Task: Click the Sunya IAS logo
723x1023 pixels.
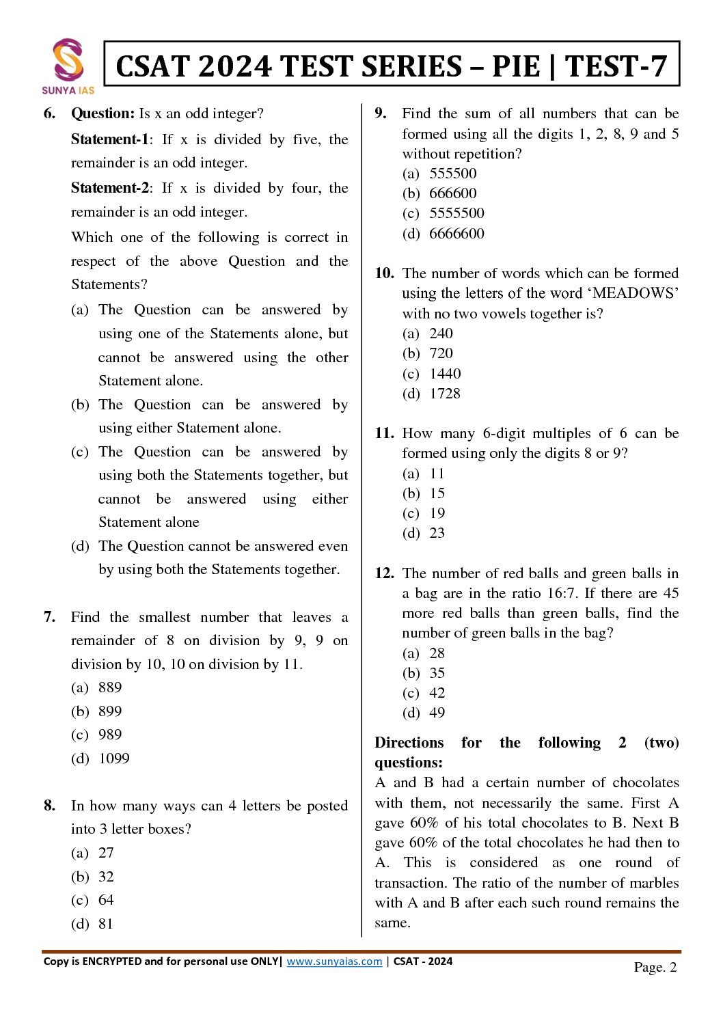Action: [68, 66]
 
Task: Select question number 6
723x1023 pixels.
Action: [49, 113]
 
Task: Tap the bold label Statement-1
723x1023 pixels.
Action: [109, 139]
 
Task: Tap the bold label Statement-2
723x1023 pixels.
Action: [109, 188]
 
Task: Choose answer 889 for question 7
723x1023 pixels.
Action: [110, 687]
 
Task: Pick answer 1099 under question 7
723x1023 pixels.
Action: [114, 759]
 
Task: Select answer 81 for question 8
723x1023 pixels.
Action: [106, 924]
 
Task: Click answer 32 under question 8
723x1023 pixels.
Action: [106, 877]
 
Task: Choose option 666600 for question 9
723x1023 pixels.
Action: [453, 193]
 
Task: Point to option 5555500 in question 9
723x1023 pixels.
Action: [456, 213]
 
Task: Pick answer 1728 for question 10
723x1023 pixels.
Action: [445, 394]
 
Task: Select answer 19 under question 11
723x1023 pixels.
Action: [437, 513]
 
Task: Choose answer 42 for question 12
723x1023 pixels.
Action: [437, 693]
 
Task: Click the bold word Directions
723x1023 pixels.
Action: [409, 743]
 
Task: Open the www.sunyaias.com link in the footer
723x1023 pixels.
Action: [334, 961]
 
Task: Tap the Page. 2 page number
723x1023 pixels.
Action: [655, 967]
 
